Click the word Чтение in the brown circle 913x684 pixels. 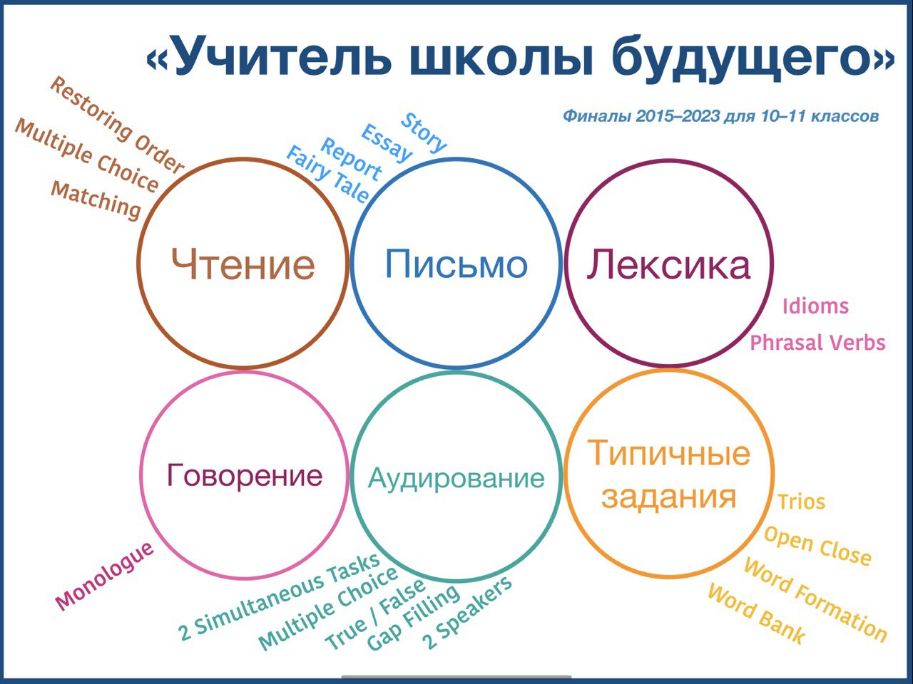243,264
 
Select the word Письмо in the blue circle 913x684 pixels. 456,264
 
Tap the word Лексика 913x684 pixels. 668,264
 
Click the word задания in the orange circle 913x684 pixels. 668,497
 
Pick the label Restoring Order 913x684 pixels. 117,124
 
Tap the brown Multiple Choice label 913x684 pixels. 86,155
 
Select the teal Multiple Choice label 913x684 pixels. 328,608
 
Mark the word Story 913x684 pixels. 424,133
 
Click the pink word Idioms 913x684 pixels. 815,306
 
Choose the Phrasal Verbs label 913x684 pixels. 817,343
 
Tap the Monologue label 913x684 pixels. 104,576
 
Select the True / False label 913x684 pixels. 375,615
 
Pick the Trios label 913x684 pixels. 801,502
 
